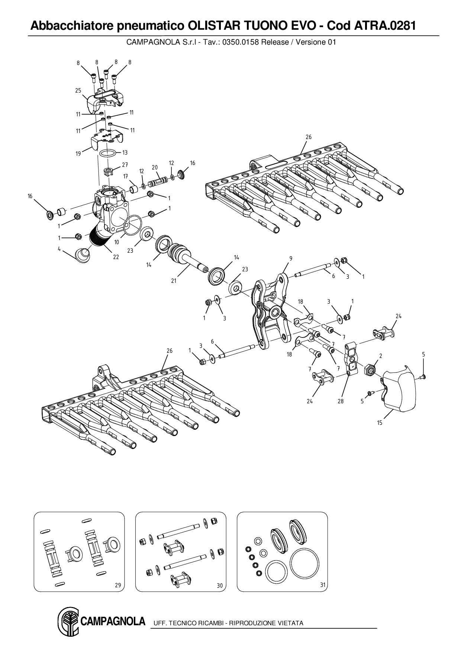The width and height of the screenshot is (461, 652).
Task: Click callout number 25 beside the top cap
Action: pyautogui.click(x=78, y=91)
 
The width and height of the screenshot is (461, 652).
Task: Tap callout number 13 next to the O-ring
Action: pyautogui.click(x=125, y=152)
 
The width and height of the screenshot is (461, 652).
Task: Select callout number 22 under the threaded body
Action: pyautogui.click(x=116, y=257)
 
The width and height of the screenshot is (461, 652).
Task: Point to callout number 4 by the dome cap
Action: pyautogui.click(x=59, y=249)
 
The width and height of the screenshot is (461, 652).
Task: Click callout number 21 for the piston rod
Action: pyautogui.click(x=174, y=281)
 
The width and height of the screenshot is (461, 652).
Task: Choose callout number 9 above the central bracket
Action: pyautogui.click(x=291, y=258)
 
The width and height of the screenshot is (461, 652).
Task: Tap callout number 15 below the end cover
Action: pyautogui.click(x=380, y=423)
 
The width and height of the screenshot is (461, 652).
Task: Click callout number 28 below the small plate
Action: pyautogui.click(x=341, y=401)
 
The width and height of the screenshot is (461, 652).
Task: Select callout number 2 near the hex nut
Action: pyautogui.click(x=381, y=356)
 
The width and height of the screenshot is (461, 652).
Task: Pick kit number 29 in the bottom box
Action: pyautogui.click(x=118, y=585)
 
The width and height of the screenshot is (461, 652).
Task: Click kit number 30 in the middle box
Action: pyautogui.click(x=220, y=585)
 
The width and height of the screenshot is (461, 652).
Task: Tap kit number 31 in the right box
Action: pyautogui.click(x=323, y=585)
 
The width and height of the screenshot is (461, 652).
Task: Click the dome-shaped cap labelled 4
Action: pyautogui.click(x=83, y=255)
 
